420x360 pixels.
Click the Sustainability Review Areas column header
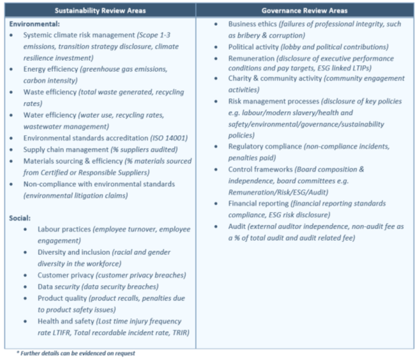pos(100,10)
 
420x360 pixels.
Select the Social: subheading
pos(20,218)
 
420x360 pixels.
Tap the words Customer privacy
pos(66,275)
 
